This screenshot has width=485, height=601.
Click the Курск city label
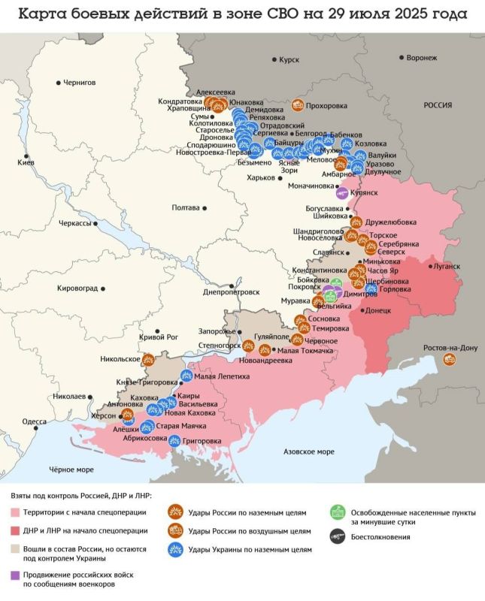click(289, 59)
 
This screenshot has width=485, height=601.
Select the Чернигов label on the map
click(80, 82)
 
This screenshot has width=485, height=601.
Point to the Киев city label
click(26, 163)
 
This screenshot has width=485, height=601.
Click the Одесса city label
click(35, 421)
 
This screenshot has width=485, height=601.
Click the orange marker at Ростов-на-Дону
click(450, 359)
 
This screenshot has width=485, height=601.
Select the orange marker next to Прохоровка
click(298, 106)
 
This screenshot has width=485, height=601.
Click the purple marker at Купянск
click(343, 192)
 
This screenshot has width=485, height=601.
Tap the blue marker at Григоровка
click(174, 441)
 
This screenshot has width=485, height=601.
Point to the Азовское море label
click(308, 452)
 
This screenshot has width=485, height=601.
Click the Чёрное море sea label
click(71, 470)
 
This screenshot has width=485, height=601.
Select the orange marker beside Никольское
click(148, 359)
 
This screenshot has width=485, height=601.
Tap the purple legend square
click(16, 575)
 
